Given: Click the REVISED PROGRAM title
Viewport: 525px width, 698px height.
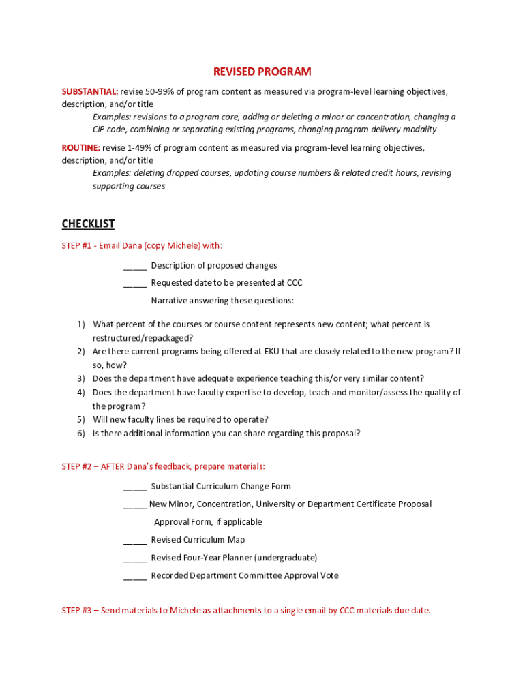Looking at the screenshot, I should pos(262,72).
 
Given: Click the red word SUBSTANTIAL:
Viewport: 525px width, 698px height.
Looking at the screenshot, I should pos(90,91).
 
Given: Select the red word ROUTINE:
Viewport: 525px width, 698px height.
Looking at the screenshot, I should pos(81,148).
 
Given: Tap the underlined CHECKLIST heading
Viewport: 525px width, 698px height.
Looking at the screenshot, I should pos(88,224).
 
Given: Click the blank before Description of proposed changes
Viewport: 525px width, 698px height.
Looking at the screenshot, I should pos(135,266).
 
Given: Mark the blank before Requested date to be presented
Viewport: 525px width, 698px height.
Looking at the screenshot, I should pos(135,283).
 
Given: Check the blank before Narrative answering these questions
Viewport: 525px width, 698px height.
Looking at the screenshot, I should pos(135,301).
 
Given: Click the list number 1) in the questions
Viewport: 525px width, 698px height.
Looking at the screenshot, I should pos(80,324).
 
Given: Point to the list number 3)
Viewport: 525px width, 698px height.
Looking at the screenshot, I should pos(80,379).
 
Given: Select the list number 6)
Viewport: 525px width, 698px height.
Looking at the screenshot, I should pos(80,434).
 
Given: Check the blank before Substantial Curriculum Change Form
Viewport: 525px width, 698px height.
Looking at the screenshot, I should pos(135,487).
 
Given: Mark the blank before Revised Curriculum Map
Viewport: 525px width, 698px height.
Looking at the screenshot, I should pos(135,540).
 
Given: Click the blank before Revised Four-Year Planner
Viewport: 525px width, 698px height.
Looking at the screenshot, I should pos(135,558).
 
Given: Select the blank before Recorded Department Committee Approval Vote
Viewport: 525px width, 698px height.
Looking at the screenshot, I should pos(135,576).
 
